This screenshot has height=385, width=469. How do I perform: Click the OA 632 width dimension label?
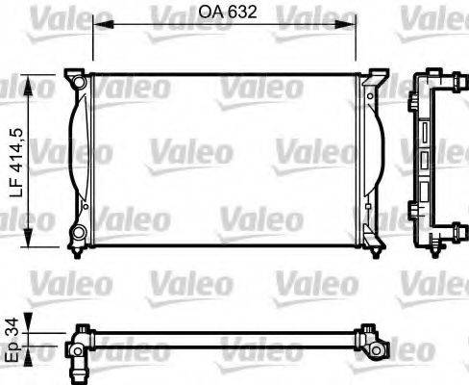[227, 13]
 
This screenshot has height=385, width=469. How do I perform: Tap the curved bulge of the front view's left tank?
[71, 159]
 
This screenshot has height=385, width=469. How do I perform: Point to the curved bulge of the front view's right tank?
[382, 159]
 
